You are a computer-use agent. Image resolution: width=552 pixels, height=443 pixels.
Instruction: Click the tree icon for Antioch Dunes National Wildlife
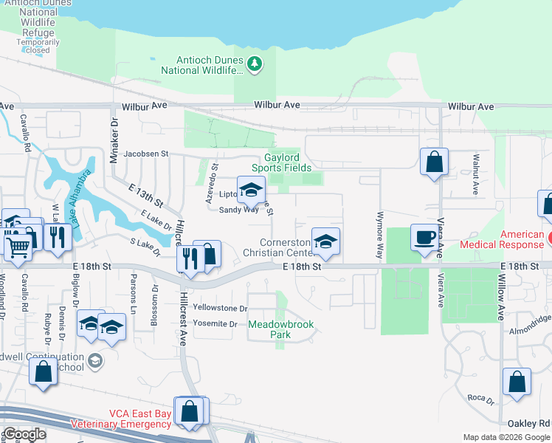point(255,65)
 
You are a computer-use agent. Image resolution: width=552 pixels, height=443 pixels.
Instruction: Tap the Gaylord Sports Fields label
point(293,162)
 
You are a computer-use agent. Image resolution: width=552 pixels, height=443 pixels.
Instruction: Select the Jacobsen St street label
point(146,154)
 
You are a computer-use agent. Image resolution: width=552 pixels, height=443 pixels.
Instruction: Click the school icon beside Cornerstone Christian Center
point(325,241)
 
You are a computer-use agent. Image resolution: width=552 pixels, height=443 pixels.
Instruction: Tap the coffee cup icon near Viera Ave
point(424,237)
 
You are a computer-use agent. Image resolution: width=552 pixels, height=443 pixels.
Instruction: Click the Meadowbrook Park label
point(279,329)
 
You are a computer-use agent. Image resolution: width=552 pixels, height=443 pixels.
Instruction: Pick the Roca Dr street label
point(480,400)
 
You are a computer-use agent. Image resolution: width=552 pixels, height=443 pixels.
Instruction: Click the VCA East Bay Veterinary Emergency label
point(120,419)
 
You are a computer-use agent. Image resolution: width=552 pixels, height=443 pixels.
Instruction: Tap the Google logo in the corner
point(24,434)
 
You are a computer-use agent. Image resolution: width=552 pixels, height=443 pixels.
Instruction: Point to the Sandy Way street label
point(238,210)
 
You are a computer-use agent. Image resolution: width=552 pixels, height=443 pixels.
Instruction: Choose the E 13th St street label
point(145,195)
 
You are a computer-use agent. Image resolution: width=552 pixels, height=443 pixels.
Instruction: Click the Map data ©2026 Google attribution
point(506,437)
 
